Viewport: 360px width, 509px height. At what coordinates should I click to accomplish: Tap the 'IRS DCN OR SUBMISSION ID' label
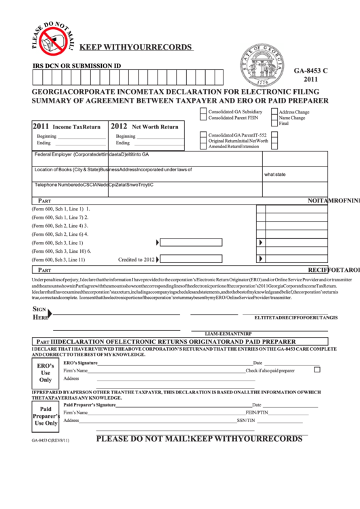click(77, 66)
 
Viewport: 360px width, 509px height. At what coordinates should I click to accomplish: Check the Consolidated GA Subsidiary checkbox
click(203, 111)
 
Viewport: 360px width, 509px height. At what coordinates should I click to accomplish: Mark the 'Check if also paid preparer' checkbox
click(317, 370)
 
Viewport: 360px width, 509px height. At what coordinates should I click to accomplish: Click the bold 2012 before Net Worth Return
click(119, 126)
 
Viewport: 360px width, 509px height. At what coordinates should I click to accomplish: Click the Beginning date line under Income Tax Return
click(82, 137)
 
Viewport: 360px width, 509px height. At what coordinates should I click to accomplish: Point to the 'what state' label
click(274, 174)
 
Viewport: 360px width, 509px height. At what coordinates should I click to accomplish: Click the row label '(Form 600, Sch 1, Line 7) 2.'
click(60, 217)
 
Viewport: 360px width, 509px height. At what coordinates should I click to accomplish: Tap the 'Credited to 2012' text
click(137, 259)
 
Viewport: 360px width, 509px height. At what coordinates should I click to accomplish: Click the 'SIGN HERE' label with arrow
click(41, 313)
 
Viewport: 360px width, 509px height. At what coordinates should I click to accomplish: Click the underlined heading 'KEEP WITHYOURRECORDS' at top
click(135, 48)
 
